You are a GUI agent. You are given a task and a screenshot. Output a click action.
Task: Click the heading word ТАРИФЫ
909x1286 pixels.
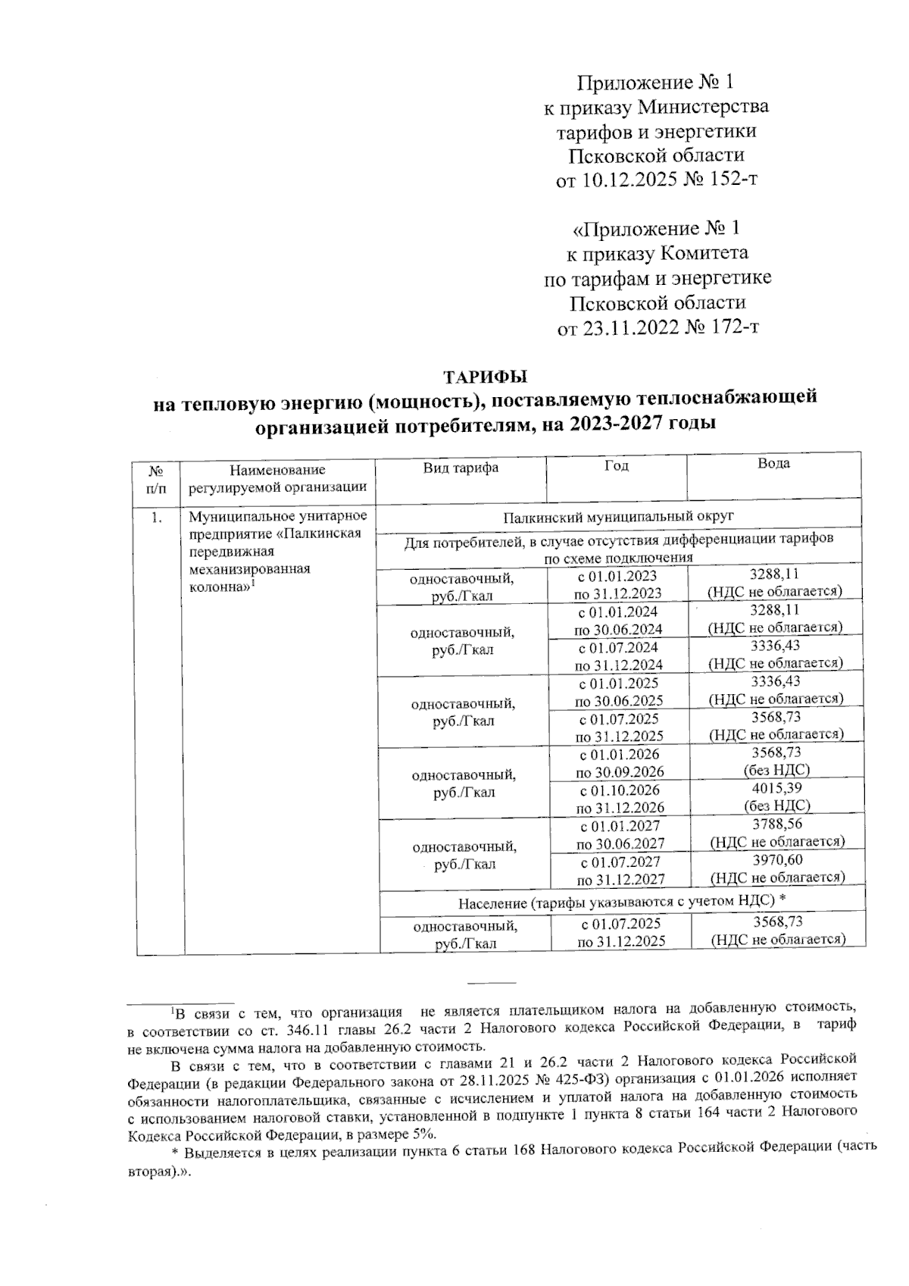(x=484, y=376)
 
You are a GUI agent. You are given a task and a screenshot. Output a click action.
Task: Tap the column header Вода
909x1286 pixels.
(x=773, y=463)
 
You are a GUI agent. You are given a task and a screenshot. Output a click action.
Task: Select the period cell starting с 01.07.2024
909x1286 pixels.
(x=618, y=656)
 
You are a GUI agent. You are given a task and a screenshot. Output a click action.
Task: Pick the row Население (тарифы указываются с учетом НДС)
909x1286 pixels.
(x=618, y=901)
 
